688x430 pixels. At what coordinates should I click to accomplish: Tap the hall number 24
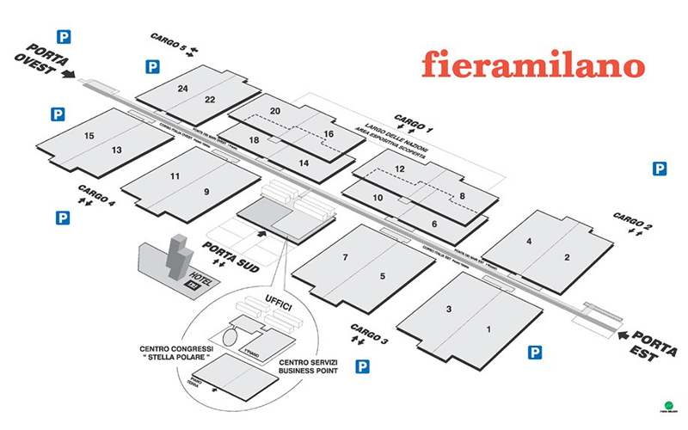click(x=182, y=89)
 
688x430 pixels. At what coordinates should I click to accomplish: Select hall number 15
click(x=89, y=136)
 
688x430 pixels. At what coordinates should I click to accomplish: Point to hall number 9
click(x=206, y=191)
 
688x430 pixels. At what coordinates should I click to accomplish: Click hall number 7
click(x=344, y=257)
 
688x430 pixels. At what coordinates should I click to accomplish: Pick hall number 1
click(x=488, y=329)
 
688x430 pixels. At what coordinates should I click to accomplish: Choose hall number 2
click(x=567, y=257)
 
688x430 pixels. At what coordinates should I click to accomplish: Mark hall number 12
click(x=400, y=169)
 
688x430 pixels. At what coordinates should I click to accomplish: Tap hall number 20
click(x=275, y=111)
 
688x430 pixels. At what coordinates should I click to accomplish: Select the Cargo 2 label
click(x=633, y=217)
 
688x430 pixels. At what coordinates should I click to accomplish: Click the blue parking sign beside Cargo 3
click(x=364, y=366)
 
